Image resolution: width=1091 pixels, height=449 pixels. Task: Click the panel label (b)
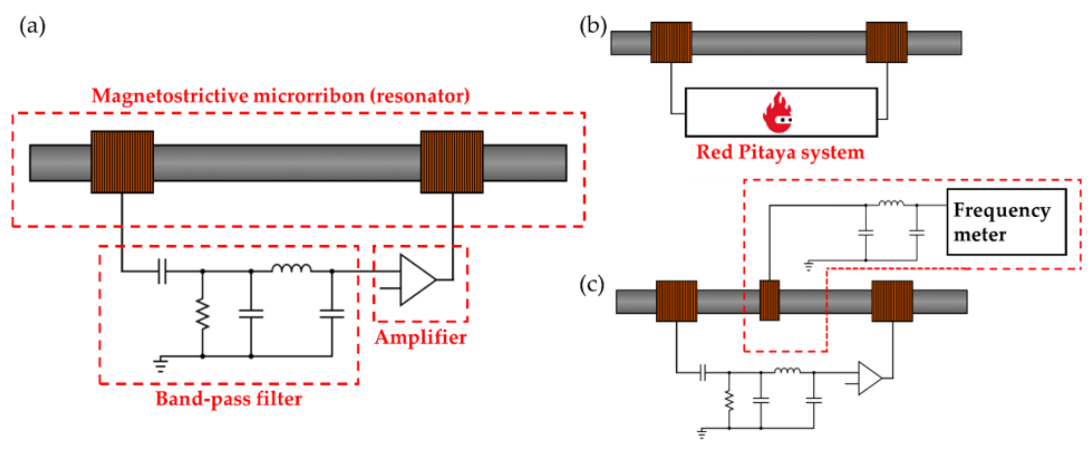coord(593,26)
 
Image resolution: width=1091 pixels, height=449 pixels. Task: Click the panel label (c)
coord(592,285)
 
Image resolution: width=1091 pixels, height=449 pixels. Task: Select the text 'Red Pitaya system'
coord(780,152)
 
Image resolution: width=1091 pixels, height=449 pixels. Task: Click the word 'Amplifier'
coord(421,338)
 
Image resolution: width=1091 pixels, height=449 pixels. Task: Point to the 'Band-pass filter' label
coord(229,399)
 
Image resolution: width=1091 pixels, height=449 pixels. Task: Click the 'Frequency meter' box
coord(1006,222)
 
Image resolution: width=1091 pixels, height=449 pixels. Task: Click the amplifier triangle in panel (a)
coord(416,279)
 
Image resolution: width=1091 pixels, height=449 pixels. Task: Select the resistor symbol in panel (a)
coord(202,314)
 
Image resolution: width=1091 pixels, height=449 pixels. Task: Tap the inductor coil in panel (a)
coord(292,268)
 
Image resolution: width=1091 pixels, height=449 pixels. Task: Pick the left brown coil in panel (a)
coord(122,162)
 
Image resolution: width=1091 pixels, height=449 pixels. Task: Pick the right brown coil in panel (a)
coord(452,162)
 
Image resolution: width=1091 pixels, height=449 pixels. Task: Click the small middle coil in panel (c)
coord(769,300)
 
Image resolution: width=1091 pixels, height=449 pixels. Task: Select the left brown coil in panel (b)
coord(671,42)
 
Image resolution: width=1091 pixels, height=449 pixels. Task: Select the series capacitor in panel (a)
coord(162,271)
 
